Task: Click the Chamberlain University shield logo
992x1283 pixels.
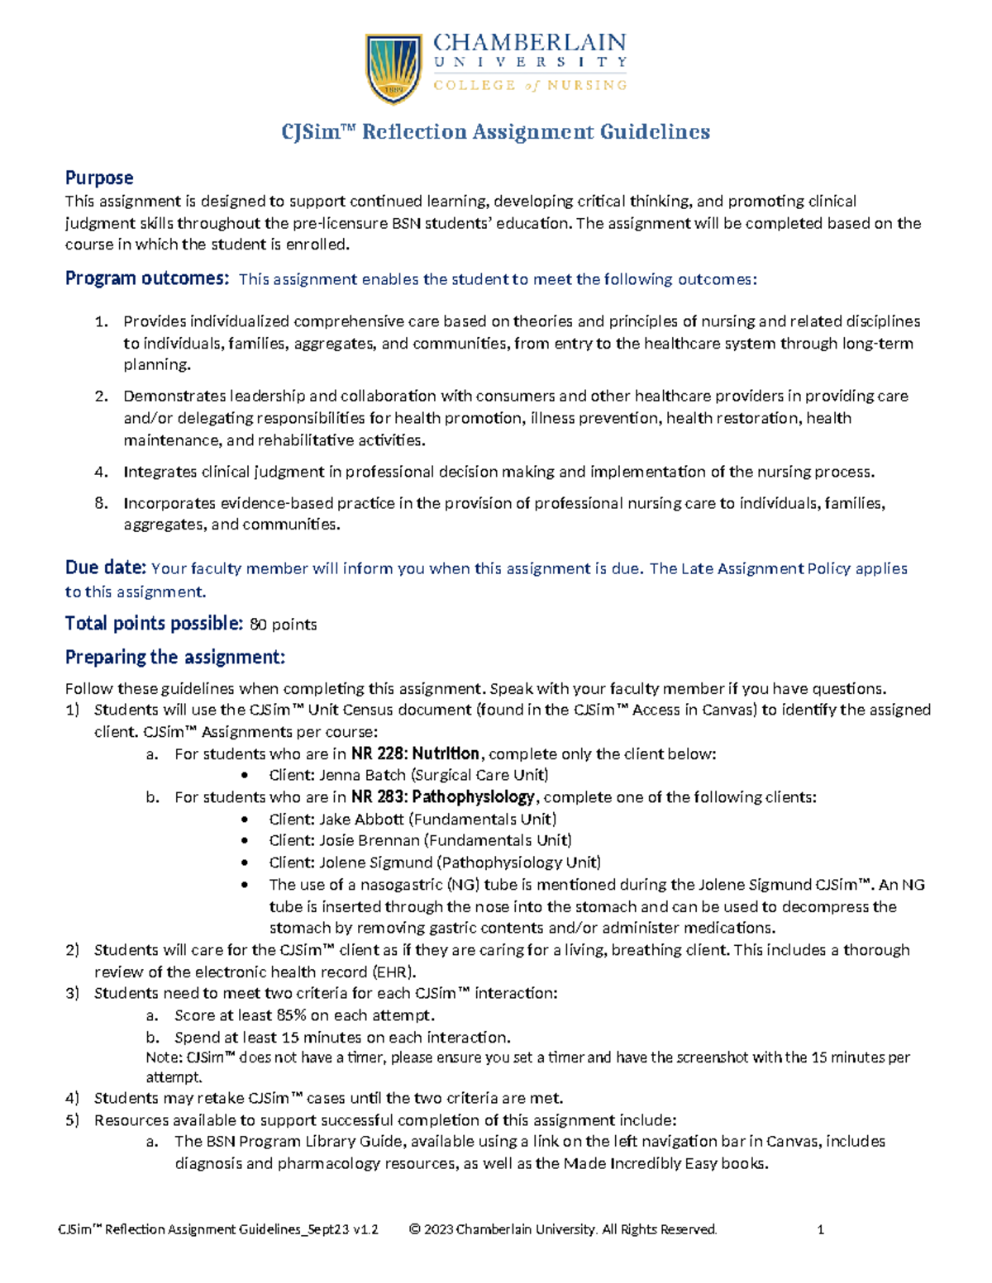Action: pyautogui.click(x=393, y=68)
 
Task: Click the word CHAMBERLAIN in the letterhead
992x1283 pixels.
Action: pyautogui.click(x=529, y=42)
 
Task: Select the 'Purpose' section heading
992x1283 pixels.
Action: pyautogui.click(x=99, y=178)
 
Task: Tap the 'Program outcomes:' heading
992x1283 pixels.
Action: pyautogui.click(x=146, y=278)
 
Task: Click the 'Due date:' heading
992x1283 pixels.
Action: pyautogui.click(x=105, y=568)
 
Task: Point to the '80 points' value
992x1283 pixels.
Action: pyautogui.click(x=283, y=625)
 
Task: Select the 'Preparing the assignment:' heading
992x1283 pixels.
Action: pyautogui.click(x=174, y=657)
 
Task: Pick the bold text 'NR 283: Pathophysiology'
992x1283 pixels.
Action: pyautogui.click(x=443, y=797)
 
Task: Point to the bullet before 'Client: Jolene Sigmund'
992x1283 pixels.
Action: pyautogui.click(x=245, y=863)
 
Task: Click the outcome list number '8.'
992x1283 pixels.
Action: pyautogui.click(x=101, y=503)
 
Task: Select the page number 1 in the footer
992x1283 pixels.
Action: pyautogui.click(x=820, y=1229)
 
